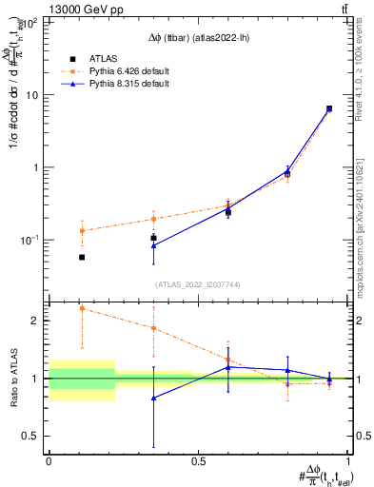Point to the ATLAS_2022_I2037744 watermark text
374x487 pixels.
197,284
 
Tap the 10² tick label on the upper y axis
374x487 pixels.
30,22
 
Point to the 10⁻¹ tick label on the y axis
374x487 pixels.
30,240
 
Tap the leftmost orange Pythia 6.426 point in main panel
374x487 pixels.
82,230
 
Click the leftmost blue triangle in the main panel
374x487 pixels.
154,245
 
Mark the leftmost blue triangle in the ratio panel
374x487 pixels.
154,398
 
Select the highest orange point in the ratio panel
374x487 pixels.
82,308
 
